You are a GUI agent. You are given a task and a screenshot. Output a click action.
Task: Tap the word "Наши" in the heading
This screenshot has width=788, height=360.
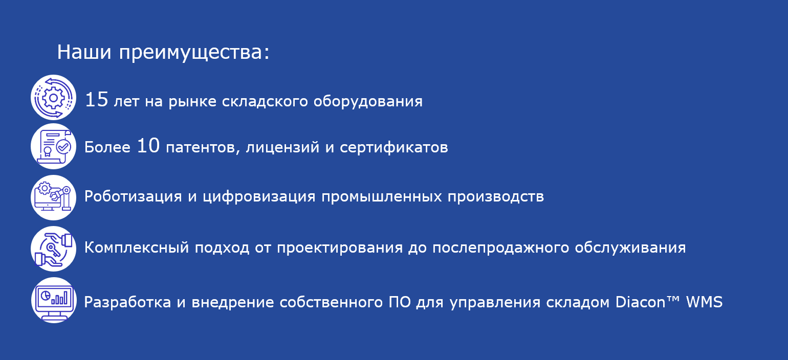tap(84, 52)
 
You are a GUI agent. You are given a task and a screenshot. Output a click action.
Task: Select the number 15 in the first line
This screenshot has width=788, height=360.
tap(96, 100)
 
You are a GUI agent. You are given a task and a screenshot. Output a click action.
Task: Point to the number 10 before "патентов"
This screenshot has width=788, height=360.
tap(148, 146)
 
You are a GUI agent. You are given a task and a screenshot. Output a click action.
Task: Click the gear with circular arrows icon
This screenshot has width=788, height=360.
tap(53, 97)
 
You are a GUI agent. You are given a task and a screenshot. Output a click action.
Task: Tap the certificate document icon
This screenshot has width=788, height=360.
tap(53, 146)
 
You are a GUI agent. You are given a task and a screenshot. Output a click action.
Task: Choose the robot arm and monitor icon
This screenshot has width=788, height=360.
tap(53, 197)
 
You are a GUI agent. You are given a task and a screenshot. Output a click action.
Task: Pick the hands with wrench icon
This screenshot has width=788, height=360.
tap(53, 249)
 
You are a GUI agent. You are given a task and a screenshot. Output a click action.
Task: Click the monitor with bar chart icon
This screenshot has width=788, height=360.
tap(54, 300)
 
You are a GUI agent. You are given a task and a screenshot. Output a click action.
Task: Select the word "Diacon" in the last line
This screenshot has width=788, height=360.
tap(640, 302)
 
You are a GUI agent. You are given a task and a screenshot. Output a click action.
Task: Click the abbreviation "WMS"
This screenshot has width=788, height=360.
tap(704, 302)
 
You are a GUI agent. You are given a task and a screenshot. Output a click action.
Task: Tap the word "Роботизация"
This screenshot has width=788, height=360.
tap(133, 196)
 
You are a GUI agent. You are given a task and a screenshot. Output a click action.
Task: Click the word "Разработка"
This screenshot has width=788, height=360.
tap(127, 302)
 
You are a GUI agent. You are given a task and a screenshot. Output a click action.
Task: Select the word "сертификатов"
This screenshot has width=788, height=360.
tap(394, 147)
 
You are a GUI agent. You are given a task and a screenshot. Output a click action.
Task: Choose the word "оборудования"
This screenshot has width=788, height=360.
tap(368, 102)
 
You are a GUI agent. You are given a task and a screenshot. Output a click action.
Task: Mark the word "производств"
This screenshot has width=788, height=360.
tap(496, 196)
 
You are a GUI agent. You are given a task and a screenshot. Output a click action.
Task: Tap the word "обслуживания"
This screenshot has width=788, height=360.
tap(630, 247)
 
